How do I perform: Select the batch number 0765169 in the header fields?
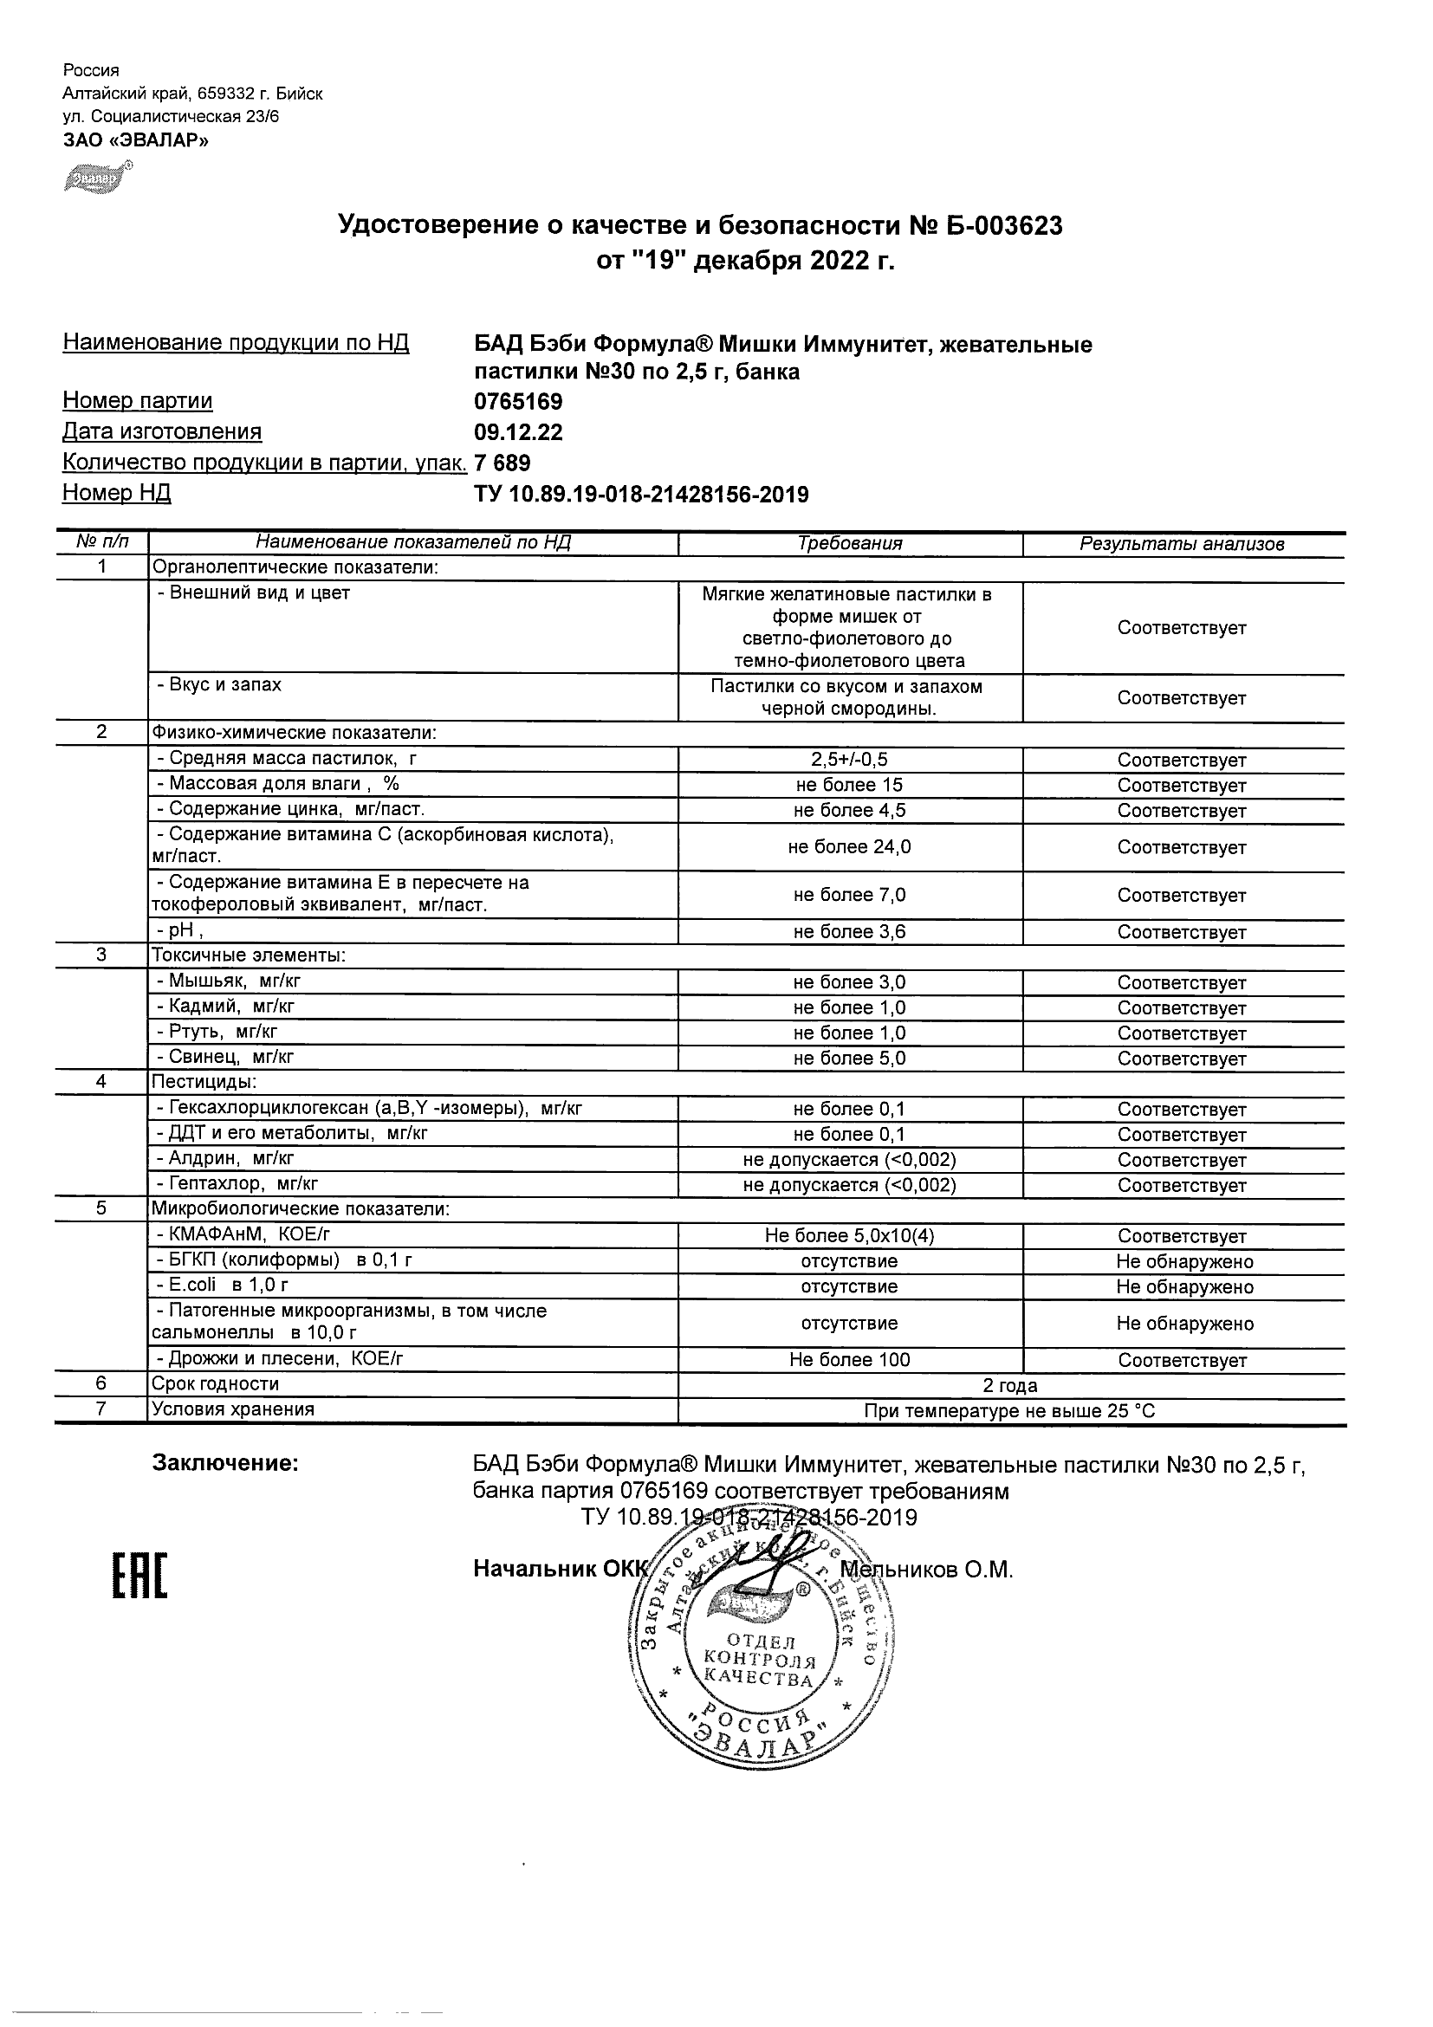[518, 403]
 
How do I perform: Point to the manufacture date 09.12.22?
[518, 432]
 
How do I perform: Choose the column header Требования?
[849, 544]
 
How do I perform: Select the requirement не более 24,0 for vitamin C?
[849, 847]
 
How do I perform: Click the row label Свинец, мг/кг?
[225, 1057]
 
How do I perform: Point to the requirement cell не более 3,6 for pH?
[849, 932]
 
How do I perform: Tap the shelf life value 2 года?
[1010, 1386]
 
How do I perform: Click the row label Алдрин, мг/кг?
[225, 1158]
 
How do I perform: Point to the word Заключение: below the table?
[226, 1464]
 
